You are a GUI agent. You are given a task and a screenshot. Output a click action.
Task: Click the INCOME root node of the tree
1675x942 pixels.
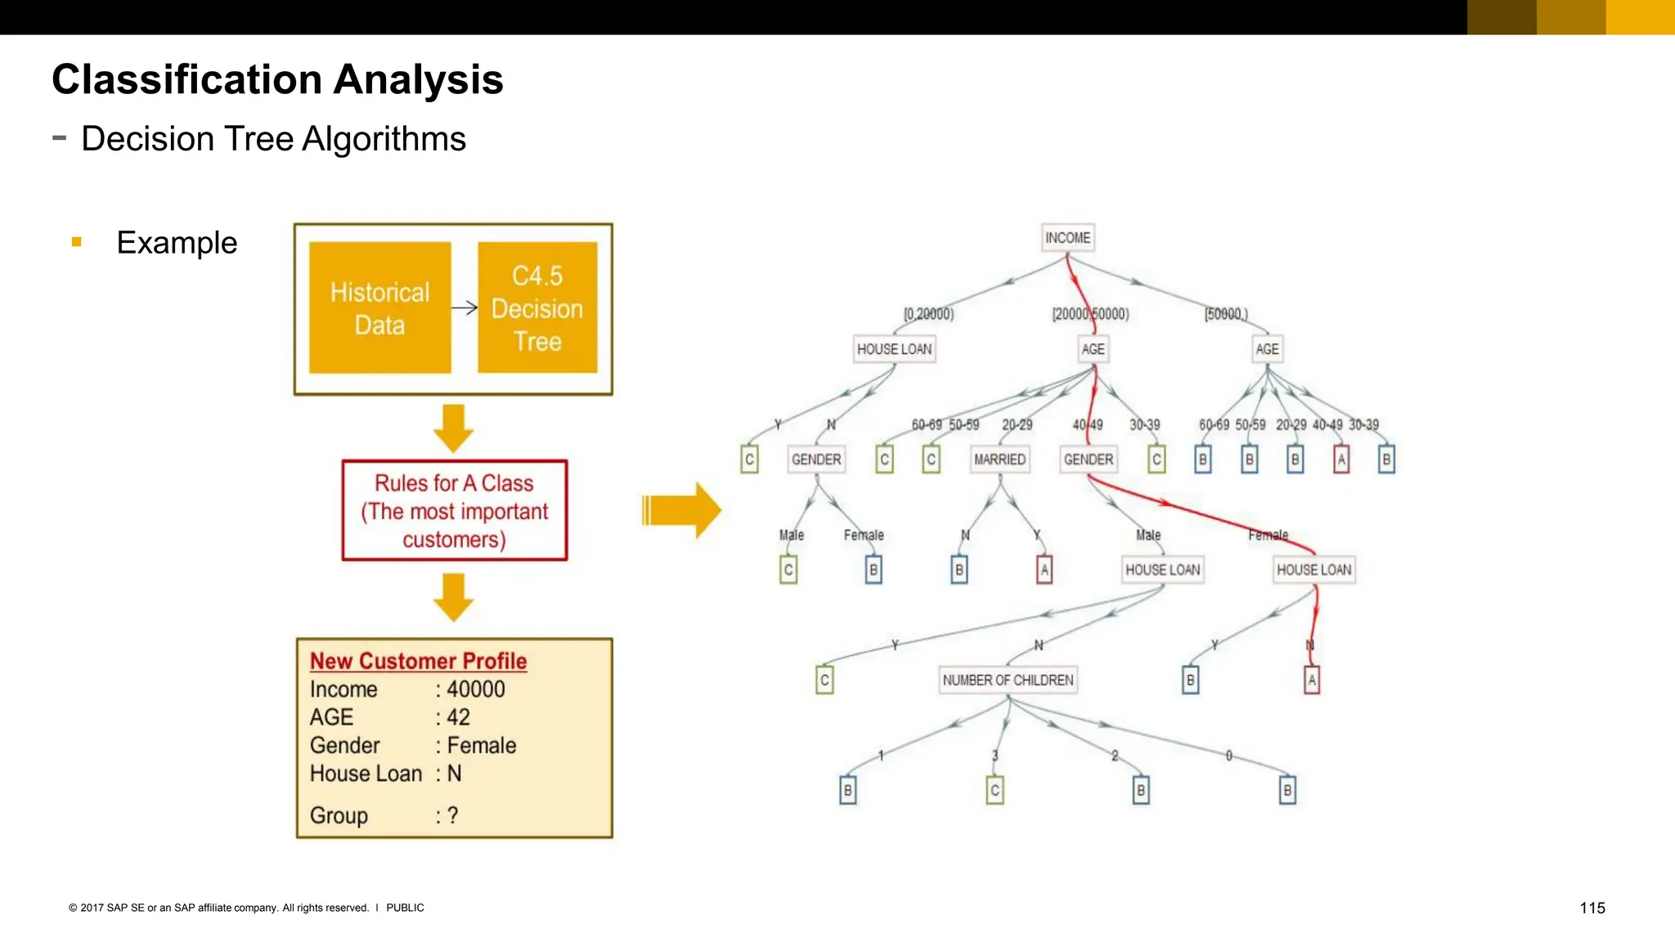tap(1067, 238)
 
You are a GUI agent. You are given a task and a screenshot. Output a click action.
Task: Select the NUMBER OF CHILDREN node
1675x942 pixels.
tap(1008, 680)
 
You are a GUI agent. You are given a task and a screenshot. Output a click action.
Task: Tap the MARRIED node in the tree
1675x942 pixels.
tap(999, 460)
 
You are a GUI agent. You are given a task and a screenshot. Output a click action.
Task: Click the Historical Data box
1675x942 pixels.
tap(379, 308)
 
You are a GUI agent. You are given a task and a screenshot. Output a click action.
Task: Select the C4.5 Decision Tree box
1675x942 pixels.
tap(537, 308)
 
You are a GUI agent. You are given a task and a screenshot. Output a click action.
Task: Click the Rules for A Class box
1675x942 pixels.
tap(455, 511)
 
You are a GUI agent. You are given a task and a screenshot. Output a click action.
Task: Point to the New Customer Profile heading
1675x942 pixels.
tap(418, 661)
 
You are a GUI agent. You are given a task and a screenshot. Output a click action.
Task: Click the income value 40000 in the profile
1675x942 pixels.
tap(476, 689)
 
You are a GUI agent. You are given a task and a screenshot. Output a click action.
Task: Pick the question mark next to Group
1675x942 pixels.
tap(452, 815)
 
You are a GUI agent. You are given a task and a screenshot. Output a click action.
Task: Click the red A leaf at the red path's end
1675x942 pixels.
tap(1312, 680)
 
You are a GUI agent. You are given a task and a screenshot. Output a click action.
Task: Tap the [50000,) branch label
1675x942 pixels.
tap(1226, 314)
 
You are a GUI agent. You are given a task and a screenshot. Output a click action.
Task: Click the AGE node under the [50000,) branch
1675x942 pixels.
tap(1267, 349)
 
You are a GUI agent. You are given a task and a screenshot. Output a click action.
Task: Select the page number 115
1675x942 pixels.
tap(1592, 908)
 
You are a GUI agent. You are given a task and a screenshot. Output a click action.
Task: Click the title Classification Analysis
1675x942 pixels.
tap(277, 79)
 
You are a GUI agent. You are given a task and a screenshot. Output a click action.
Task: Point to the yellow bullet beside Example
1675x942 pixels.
tap(77, 242)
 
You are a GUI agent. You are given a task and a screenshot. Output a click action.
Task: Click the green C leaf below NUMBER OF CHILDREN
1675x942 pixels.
tap(995, 791)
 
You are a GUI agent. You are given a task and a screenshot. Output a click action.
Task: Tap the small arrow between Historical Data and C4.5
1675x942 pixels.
tap(465, 307)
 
